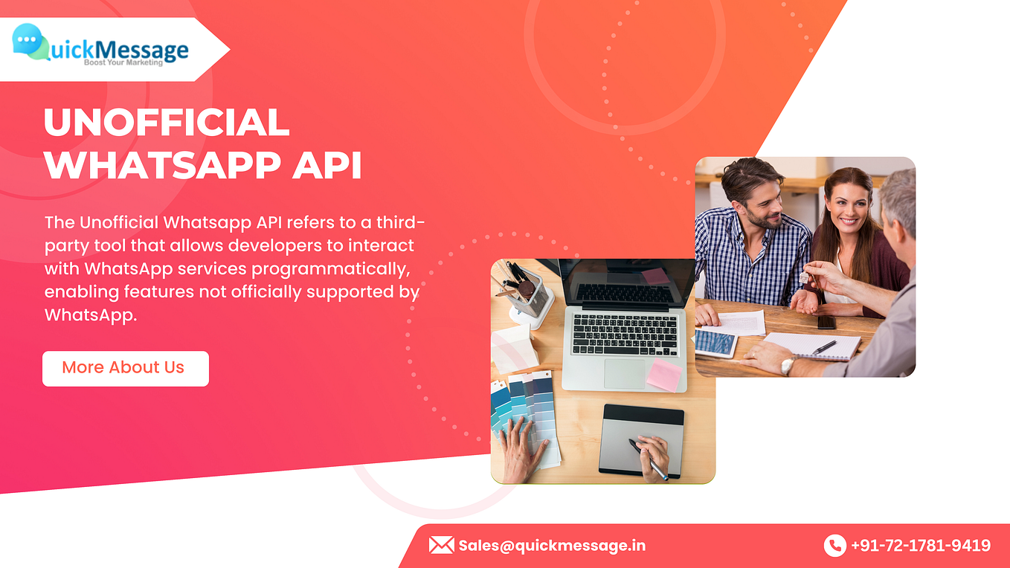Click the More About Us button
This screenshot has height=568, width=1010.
(125, 368)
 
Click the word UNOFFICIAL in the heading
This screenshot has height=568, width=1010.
(167, 123)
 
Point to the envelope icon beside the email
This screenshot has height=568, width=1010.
(441, 545)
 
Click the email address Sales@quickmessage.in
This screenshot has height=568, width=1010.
(552, 546)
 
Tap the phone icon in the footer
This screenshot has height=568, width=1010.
(834, 546)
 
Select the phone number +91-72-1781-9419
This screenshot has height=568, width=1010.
(920, 546)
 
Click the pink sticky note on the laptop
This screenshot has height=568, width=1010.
(663, 375)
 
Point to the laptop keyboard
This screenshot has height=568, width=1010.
(625, 334)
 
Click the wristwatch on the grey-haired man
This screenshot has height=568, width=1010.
(787, 365)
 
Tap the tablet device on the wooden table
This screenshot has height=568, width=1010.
(715, 342)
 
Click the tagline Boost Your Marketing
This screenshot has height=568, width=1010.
(122, 62)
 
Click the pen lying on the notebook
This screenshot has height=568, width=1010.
(823, 347)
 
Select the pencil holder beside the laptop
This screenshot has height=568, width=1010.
(529, 294)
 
